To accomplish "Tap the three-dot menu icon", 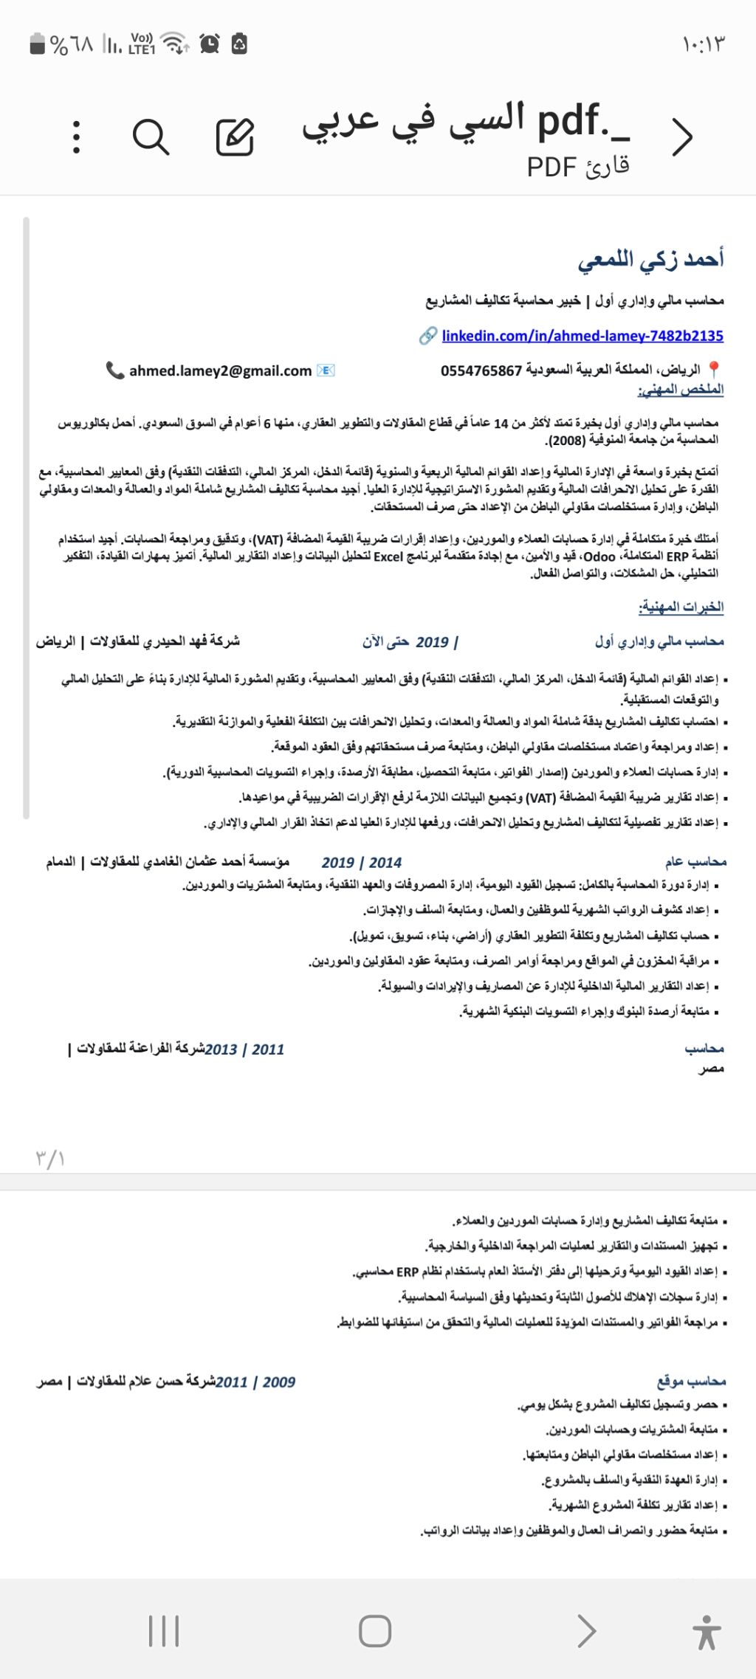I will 77,137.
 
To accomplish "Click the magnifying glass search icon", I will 151,137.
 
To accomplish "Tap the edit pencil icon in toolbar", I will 235,137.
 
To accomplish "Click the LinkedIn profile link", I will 582,336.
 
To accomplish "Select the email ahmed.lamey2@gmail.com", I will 220,370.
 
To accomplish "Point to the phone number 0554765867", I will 481,370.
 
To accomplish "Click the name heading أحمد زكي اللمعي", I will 650,259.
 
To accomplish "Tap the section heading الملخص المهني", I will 681,390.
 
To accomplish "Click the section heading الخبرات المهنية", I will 681,607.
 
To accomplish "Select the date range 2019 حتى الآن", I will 410,642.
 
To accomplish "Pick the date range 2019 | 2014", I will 362,862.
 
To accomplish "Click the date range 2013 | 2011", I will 244,1049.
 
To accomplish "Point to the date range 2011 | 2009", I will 255,1382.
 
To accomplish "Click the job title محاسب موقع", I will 691,1381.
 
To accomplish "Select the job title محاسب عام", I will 695,861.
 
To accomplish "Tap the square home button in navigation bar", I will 374,1631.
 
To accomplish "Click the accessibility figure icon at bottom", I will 706,1632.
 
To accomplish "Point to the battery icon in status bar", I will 37,44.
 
